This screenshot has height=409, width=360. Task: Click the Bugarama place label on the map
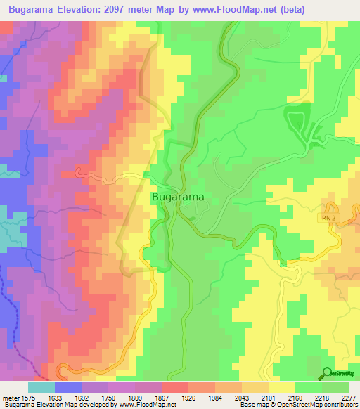[x=177, y=198]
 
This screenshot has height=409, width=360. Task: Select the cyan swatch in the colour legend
[x=41, y=387]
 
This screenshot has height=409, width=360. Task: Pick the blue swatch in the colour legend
[x=68, y=387]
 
